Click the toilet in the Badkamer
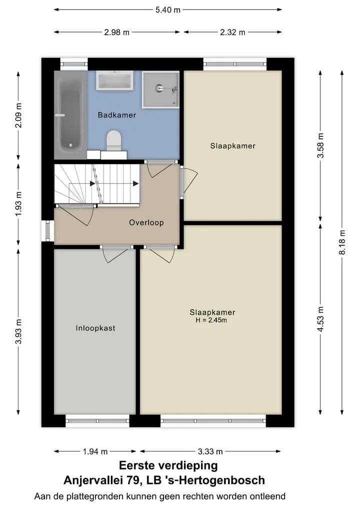[113, 141]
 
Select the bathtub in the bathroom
[70, 115]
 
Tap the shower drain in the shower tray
[159, 88]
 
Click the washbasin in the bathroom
[114, 81]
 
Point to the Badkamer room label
[117, 115]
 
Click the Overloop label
[146, 223]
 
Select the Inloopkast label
[95, 328]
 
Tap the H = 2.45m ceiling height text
[211, 320]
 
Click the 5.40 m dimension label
[167, 9]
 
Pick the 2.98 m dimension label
[117, 32]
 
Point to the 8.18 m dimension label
[342, 242]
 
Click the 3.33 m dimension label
[210, 451]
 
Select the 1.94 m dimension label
[95, 451]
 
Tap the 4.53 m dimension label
[320, 319]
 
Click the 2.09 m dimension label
[18, 115]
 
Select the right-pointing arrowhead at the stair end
[136, 184]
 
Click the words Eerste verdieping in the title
[168, 466]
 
